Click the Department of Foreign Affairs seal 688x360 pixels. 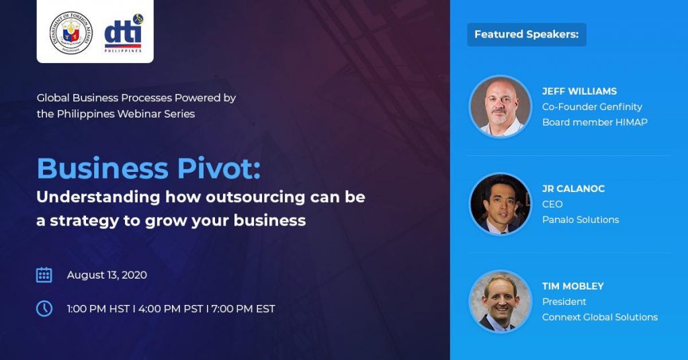[71, 32]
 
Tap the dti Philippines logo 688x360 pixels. [124, 34]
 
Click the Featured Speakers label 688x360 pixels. [527, 34]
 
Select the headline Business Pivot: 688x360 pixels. [148, 169]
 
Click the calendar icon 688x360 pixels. [44, 275]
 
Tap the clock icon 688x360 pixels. [44, 308]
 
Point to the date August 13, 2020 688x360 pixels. [107, 275]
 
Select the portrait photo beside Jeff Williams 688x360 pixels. [500, 107]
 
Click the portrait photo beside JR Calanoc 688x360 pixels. [500, 204]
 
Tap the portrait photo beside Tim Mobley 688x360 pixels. [500, 302]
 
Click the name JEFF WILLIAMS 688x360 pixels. [579, 91]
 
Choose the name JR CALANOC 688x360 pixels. [574, 189]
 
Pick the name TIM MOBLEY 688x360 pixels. [573, 286]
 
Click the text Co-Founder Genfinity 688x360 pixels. [592, 107]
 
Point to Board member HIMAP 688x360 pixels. [595, 122]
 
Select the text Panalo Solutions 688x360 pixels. [580, 220]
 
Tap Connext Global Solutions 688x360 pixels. [600, 317]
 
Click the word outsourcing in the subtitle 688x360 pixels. [255, 197]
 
